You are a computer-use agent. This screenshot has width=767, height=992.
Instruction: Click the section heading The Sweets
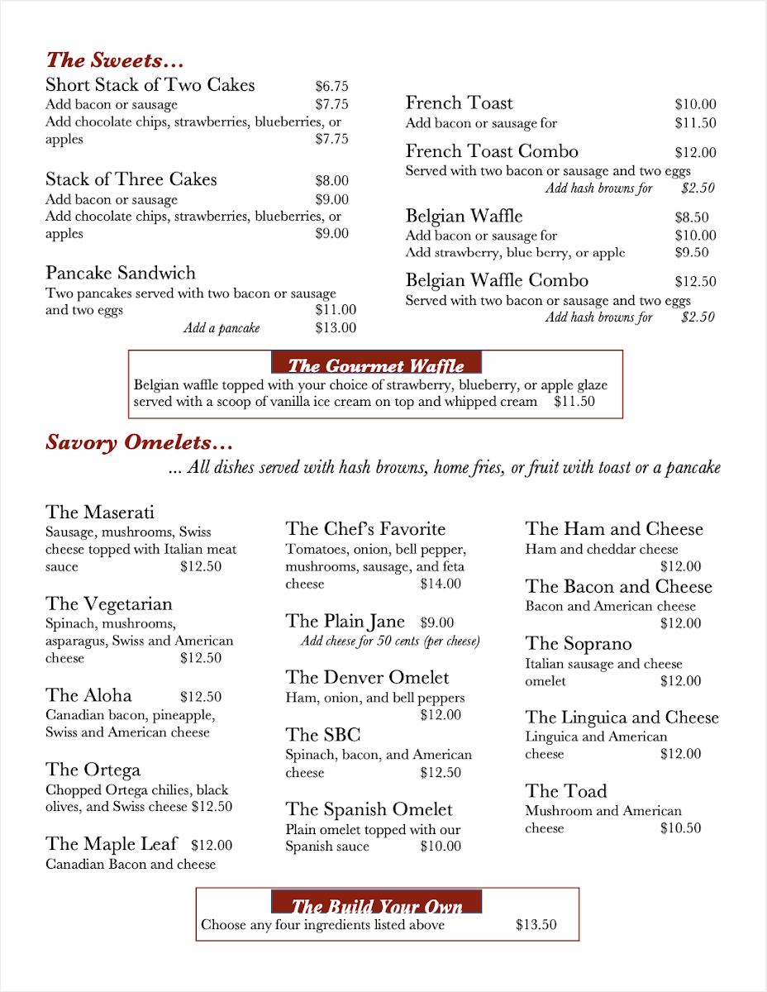coord(114,60)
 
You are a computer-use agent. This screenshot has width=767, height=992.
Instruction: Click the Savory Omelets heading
coord(139,442)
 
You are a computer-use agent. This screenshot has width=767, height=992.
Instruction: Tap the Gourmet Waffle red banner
coord(376,365)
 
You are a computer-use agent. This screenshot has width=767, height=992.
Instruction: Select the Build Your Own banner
coord(376,905)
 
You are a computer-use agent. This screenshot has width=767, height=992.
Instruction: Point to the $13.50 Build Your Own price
coord(536,925)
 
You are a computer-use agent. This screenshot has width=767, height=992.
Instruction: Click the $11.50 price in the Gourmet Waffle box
coord(574,402)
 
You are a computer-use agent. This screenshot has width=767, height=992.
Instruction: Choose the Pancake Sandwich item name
coord(121,274)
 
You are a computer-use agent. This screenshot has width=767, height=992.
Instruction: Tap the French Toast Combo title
coord(492,151)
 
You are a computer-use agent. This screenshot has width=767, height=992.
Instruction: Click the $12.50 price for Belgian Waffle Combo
coord(695,281)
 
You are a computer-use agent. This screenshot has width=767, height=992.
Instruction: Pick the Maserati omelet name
coord(100,513)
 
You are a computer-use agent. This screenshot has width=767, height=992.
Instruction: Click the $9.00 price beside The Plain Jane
coord(437,622)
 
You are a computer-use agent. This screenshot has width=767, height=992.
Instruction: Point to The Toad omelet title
coord(566,791)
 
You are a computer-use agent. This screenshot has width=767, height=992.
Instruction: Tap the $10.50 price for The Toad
coord(680,828)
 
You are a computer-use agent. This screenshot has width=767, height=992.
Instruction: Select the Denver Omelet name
coord(367,678)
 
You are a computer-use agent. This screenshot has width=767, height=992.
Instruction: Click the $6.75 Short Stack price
coord(331,86)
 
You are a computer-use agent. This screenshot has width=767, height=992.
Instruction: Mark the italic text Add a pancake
coord(222,329)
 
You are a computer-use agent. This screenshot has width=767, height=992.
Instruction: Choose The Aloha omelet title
coord(89,695)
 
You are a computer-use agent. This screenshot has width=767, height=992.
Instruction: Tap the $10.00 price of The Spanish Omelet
coord(441,847)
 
